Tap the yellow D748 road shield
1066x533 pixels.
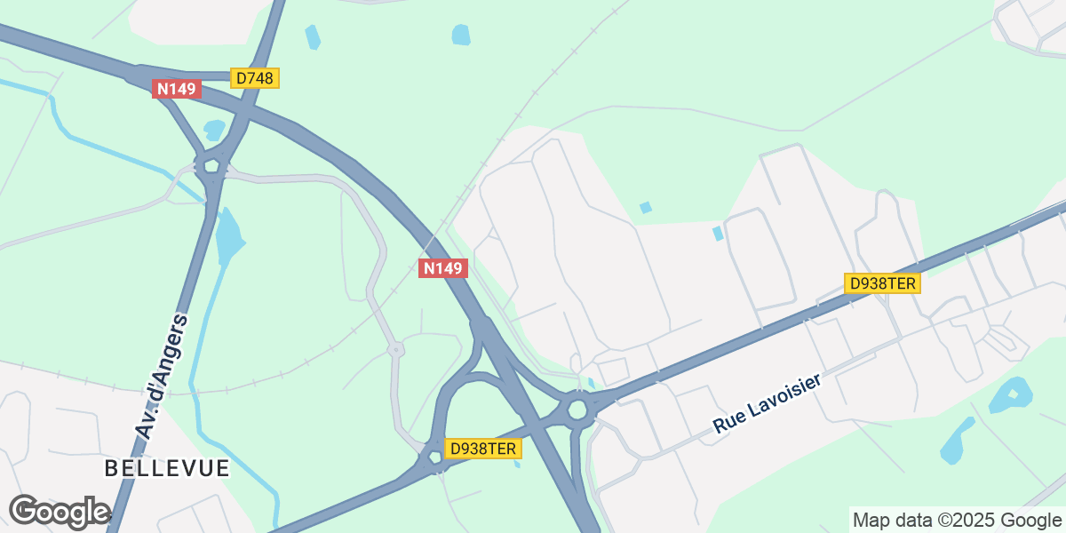point(256,78)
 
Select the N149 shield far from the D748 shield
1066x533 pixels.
point(442,268)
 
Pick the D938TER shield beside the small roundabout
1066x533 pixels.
point(482,449)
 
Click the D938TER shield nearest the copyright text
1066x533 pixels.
point(882,283)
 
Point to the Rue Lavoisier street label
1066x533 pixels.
point(767,404)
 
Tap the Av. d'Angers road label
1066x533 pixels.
point(162,375)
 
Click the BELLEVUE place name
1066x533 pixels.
point(167,468)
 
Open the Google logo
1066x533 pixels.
point(59,512)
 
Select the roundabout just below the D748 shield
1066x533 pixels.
point(211,164)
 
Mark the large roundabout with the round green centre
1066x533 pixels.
point(579,410)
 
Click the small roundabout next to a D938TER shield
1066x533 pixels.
point(435,456)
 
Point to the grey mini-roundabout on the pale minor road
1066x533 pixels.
point(396,351)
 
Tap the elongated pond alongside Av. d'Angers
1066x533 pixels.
point(227,235)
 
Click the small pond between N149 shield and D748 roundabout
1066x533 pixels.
point(214,130)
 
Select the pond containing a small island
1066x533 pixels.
point(1012,394)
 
